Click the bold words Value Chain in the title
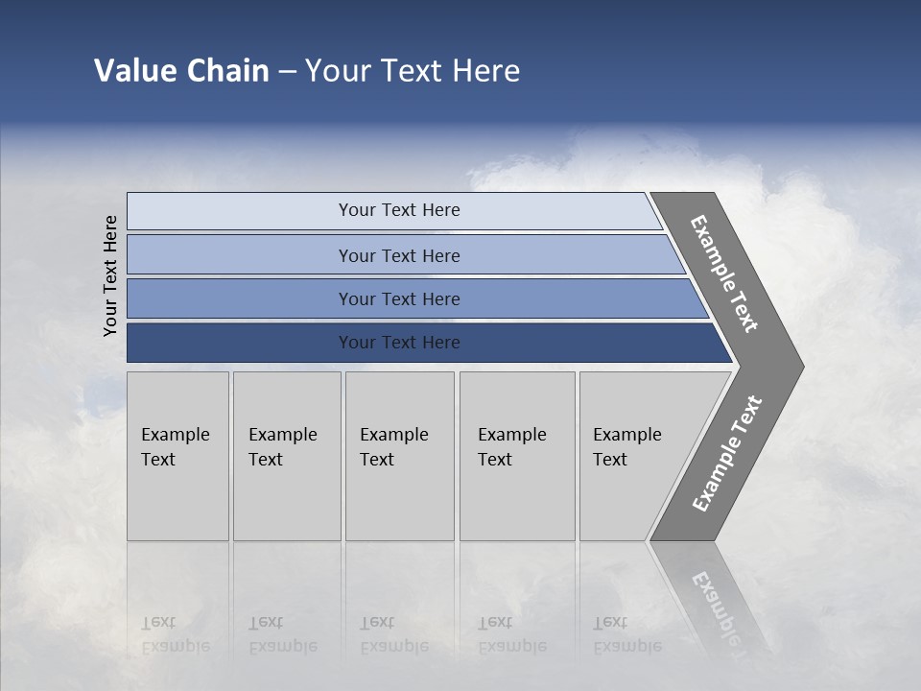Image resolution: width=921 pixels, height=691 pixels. [x=181, y=71]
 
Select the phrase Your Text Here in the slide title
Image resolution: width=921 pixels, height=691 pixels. [x=413, y=71]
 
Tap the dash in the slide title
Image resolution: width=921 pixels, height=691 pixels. [x=287, y=72]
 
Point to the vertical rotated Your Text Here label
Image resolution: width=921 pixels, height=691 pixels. [x=110, y=275]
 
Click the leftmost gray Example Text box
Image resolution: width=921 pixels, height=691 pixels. [x=177, y=456]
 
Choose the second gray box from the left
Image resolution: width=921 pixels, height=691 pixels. [x=286, y=456]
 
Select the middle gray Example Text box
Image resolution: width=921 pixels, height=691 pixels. [x=399, y=456]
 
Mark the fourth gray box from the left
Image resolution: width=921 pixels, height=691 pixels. [x=516, y=456]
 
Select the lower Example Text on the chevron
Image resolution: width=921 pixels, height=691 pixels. [x=727, y=454]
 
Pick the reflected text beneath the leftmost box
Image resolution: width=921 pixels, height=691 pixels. [x=175, y=634]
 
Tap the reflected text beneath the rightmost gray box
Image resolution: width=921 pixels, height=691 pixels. [x=626, y=634]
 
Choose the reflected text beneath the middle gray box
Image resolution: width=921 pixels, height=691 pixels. [x=393, y=634]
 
